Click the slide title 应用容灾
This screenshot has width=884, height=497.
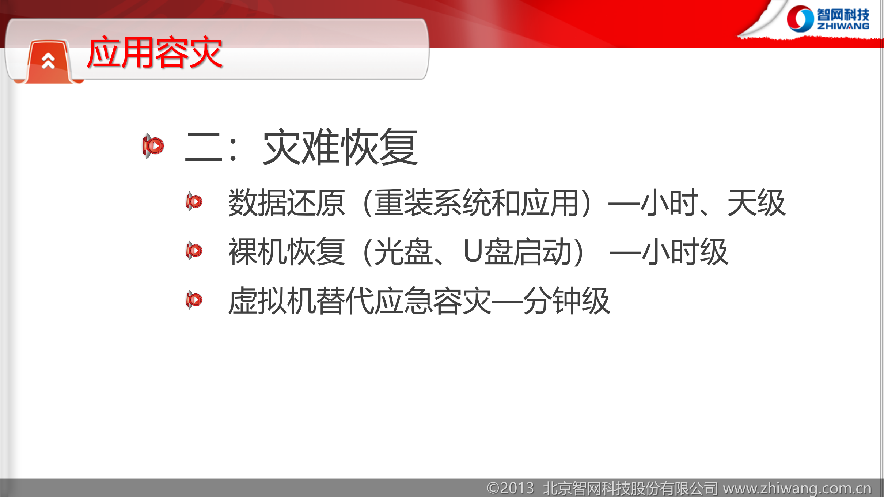[x=154, y=53]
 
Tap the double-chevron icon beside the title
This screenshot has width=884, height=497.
[x=48, y=61]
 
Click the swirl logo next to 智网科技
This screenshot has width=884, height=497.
[x=800, y=19]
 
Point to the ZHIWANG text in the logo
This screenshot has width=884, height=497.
[x=843, y=26]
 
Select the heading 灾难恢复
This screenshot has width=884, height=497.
[x=340, y=147]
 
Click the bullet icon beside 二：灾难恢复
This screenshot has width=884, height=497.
[x=153, y=146]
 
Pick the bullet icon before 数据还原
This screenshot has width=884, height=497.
[x=194, y=201]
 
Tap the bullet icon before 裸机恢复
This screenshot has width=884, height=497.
[x=194, y=251]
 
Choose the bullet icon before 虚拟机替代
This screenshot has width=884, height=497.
[x=194, y=300]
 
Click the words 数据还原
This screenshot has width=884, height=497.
[x=287, y=202]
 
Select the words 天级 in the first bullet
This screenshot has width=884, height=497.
[x=756, y=202]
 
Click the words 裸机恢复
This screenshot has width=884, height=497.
[x=287, y=252]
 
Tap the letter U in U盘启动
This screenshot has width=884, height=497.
[x=472, y=252]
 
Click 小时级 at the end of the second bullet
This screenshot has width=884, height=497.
[x=685, y=252]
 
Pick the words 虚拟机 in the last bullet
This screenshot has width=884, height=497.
[x=272, y=301]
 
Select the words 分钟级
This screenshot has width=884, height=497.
[x=566, y=301]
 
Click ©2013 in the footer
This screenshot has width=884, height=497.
[x=510, y=488]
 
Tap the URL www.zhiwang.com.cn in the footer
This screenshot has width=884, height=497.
[x=797, y=488]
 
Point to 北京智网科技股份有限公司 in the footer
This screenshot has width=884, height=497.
[x=631, y=488]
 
